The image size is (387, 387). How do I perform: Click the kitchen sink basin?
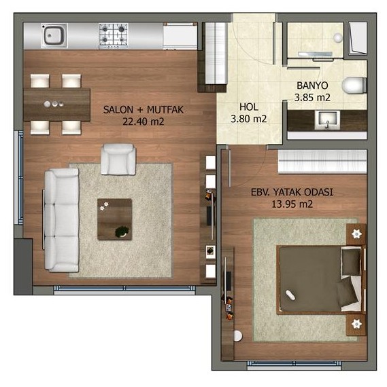click(54, 35)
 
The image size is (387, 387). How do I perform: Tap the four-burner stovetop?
click(114, 35)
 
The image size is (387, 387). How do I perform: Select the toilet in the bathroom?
click(354, 86)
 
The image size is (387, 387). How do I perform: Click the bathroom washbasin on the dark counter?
click(327, 120)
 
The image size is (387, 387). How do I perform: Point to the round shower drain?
click(337, 38)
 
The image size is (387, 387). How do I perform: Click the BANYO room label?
click(312, 86)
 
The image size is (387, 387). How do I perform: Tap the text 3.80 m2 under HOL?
click(249, 119)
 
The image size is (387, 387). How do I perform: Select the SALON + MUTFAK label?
click(144, 109)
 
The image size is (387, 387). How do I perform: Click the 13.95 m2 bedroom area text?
click(292, 204)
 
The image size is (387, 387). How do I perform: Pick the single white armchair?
click(118, 160)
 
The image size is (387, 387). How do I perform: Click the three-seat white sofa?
click(61, 220)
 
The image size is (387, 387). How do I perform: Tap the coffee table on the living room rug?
click(114, 219)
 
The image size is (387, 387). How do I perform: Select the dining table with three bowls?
click(57, 105)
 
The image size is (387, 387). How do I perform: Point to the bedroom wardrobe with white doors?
click(322, 161)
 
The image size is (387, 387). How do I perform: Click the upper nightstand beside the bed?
click(356, 234)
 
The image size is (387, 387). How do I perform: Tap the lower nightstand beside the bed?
click(356, 324)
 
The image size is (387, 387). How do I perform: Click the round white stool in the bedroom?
click(237, 336)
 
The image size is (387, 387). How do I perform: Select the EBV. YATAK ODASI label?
click(292, 192)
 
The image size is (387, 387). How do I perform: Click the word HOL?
click(249, 107)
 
